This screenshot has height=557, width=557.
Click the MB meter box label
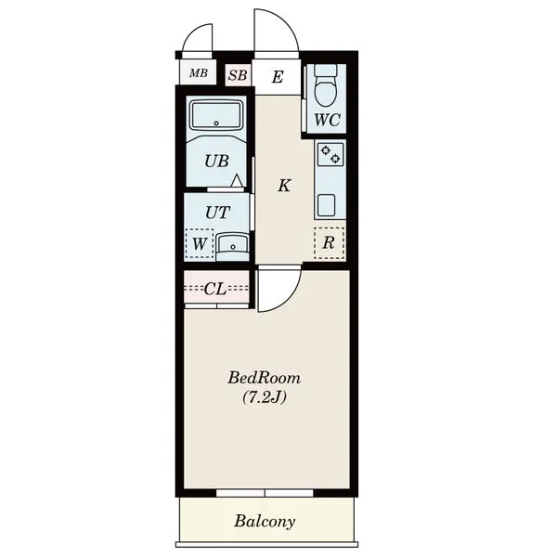pyautogui.click(x=199, y=73)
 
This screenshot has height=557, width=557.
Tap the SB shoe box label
pyautogui.click(x=238, y=75)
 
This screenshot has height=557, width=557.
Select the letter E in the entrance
pyautogui.click(x=278, y=77)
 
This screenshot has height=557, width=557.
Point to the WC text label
pyautogui.click(x=327, y=120)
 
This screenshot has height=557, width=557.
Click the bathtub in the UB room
pyautogui.click(x=216, y=115)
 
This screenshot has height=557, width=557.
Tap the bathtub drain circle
pyautogui.click(x=216, y=123)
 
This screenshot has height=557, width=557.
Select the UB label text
pyautogui.click(x=216, y=162)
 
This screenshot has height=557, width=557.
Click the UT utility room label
pyautogui.click(x=218, y=213)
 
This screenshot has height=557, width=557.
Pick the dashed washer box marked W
pyautogui.click(x=200, y=243)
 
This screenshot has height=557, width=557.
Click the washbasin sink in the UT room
pyautogui.click(x=232, y=245)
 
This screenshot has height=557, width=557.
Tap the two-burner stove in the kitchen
pyautogui.click(x=330, y=154)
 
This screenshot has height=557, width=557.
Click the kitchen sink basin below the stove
pyautogui.click(x=326, y=205)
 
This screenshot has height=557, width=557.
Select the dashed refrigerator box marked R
pyautogui.click(x=329, y=242)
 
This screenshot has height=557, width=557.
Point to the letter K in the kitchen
pyautogui.click(x=284, y=186)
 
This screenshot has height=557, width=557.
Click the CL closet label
pyautogui.click(x=215, y=289)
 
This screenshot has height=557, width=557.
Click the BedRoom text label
pyautogui.click(x=264, y=378)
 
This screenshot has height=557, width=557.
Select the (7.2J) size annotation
pyautogui.click(x=265, y=398)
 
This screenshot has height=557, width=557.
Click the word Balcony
pyautogui.click(x=265, y=522)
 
